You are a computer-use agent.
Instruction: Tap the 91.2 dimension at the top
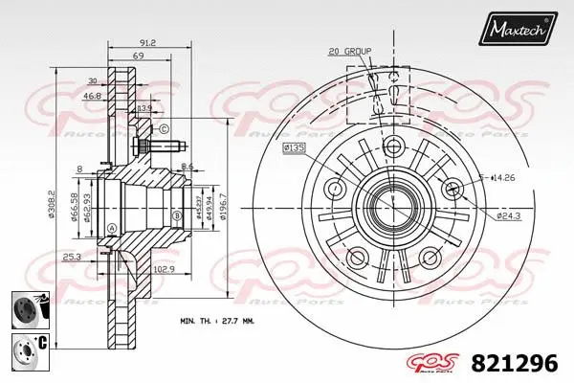[x=147, y=41]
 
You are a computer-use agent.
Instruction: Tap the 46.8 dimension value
[x=93, y=97]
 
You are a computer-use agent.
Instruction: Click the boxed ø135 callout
[x=294, y=148]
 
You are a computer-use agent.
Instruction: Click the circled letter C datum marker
[x=164, y=129]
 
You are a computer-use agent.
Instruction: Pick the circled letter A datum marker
[x=113, y=227]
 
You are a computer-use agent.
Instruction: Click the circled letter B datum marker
[x=177, y=216]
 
